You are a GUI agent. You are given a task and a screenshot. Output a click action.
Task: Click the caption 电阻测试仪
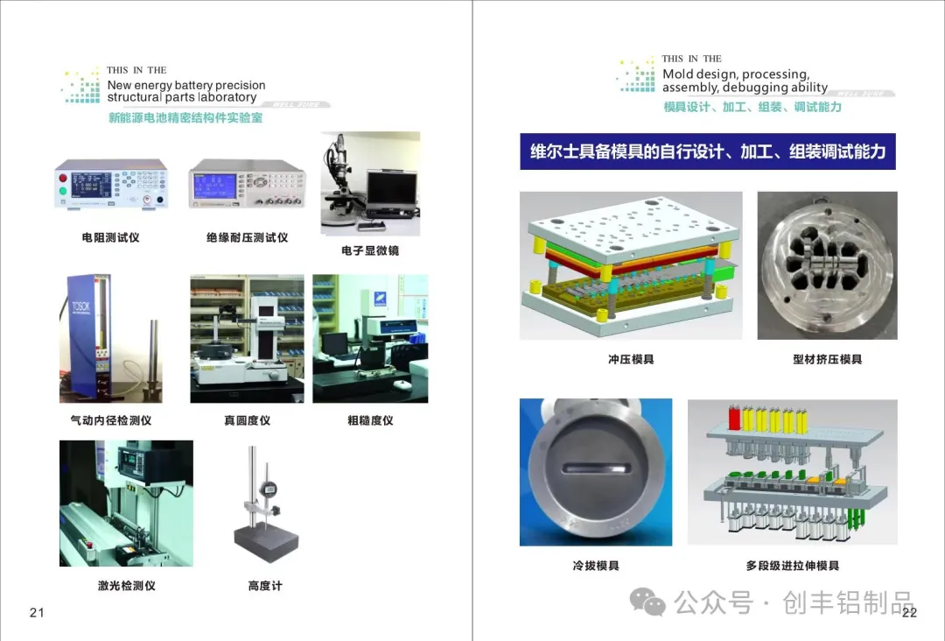pos(111,237)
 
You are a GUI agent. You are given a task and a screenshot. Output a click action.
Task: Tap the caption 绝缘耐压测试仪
pos(247,237)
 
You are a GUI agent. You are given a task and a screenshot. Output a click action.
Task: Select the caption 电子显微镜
pos(370,250)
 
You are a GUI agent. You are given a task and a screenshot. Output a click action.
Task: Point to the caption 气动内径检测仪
pos(111,420)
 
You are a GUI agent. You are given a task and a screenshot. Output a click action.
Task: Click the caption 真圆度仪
pos(247,420)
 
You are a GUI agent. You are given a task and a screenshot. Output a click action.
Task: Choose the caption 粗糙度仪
pos(370,420)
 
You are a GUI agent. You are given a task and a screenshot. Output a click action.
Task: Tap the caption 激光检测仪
pos(127,586)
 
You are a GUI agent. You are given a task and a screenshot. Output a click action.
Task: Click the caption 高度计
pos(265,586)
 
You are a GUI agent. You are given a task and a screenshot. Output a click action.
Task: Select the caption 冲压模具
pos(631,359)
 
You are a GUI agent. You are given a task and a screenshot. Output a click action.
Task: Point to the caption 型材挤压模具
pos(828,359)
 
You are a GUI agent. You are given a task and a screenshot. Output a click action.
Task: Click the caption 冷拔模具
pos(596,566)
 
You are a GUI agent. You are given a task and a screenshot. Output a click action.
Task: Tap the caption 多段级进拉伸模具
pos(793,566)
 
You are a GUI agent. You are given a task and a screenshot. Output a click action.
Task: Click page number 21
pos(37,613)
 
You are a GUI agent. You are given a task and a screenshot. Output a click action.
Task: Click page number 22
pos(909,613)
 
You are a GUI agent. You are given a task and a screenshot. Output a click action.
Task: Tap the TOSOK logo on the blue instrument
pos(80,307)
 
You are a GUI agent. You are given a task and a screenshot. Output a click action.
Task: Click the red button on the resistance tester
pos(63,178)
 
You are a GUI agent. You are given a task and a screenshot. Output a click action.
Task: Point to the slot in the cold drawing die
pos(597,468)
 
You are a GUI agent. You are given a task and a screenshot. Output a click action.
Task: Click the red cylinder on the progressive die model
pos(735,419)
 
